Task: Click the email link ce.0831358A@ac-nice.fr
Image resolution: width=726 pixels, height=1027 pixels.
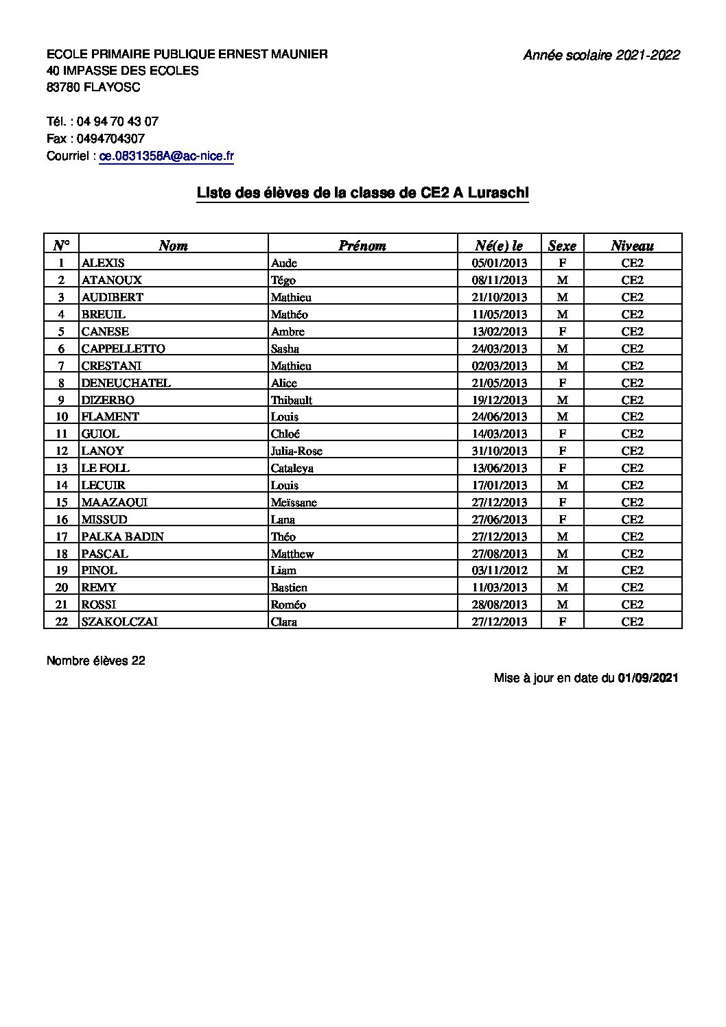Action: pyautogui.click(x=167, y=156)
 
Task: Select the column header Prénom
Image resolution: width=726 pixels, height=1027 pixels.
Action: pyautogui.click(x=362, y=246)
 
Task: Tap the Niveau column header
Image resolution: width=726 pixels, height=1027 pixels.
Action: pyautogui.click(x=632, y=246)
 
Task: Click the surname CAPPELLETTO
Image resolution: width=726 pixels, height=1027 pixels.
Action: pyautogui.click(x=123, y=349)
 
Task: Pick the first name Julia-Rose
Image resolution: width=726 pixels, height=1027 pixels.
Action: pyautogui.click(x=296, y=451)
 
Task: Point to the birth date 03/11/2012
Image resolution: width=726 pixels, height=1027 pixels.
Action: pyautogui.click(x=500, y=570)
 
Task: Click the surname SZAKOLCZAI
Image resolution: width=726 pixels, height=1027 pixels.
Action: pyautogui.click(x=124, y=622)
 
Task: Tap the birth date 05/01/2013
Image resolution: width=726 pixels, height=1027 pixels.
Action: pyautogui.click(x=500, y=263)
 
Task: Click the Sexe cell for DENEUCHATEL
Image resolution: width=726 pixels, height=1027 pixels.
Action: pyautogui.click(x=562, y=383)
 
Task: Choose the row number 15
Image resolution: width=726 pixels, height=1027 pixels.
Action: pyautogui.click(x=62, y=502)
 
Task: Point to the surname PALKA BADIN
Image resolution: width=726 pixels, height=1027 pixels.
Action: pyautogui.click(x=122, y=536)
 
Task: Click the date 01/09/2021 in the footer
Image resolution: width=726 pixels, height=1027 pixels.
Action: pyautogui.click(x=648, y=678)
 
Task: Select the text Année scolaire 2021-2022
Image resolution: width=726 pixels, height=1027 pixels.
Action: pyautogui.click(x=601, y=56)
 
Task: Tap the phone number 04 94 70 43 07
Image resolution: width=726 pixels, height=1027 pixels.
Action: pyautogui.click(x=117, y=121)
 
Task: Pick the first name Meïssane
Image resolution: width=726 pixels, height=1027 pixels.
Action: pyautogui.click(x=294, y=502)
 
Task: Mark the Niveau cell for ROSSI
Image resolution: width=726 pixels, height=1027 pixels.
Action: pyautogui.click(x=632, y=604)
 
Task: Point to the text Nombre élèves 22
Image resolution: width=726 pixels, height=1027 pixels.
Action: pyautogui.click(x=96, y=661)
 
